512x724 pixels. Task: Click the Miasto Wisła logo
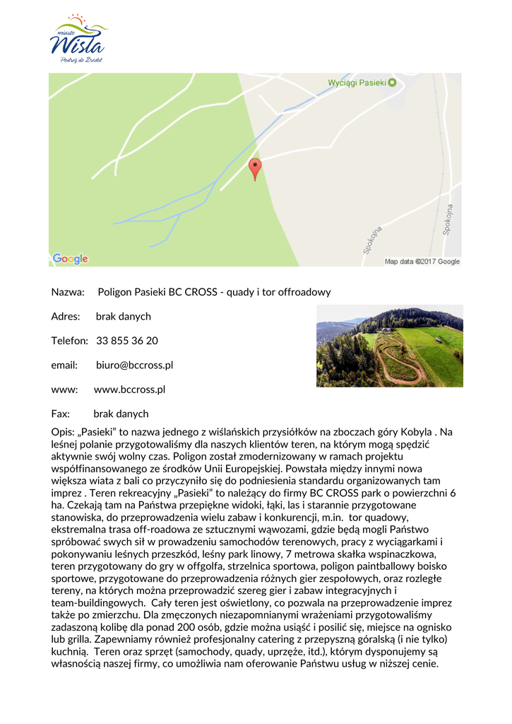(x=77, y=39)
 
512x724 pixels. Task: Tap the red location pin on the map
(x=256, y=169)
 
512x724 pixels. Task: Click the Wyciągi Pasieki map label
(x=357, y=83)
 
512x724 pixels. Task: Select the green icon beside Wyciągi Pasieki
(x=393, y=83)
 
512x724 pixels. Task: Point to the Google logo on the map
(x=70, y=259)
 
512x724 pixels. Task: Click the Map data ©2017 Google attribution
(x=422, y=262)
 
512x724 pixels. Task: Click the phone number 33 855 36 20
(x=127, y=341)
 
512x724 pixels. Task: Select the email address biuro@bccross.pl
(x=134, y=365)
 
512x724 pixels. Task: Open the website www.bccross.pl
(x=129, y=390)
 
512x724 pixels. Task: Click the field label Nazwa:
(x=68, y=292)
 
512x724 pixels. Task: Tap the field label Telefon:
(x=69, y=341)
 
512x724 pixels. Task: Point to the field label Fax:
(x=60, y=414)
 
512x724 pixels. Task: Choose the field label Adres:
(x=66, y=316)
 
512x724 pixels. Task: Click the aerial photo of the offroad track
(x=389, y=346)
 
